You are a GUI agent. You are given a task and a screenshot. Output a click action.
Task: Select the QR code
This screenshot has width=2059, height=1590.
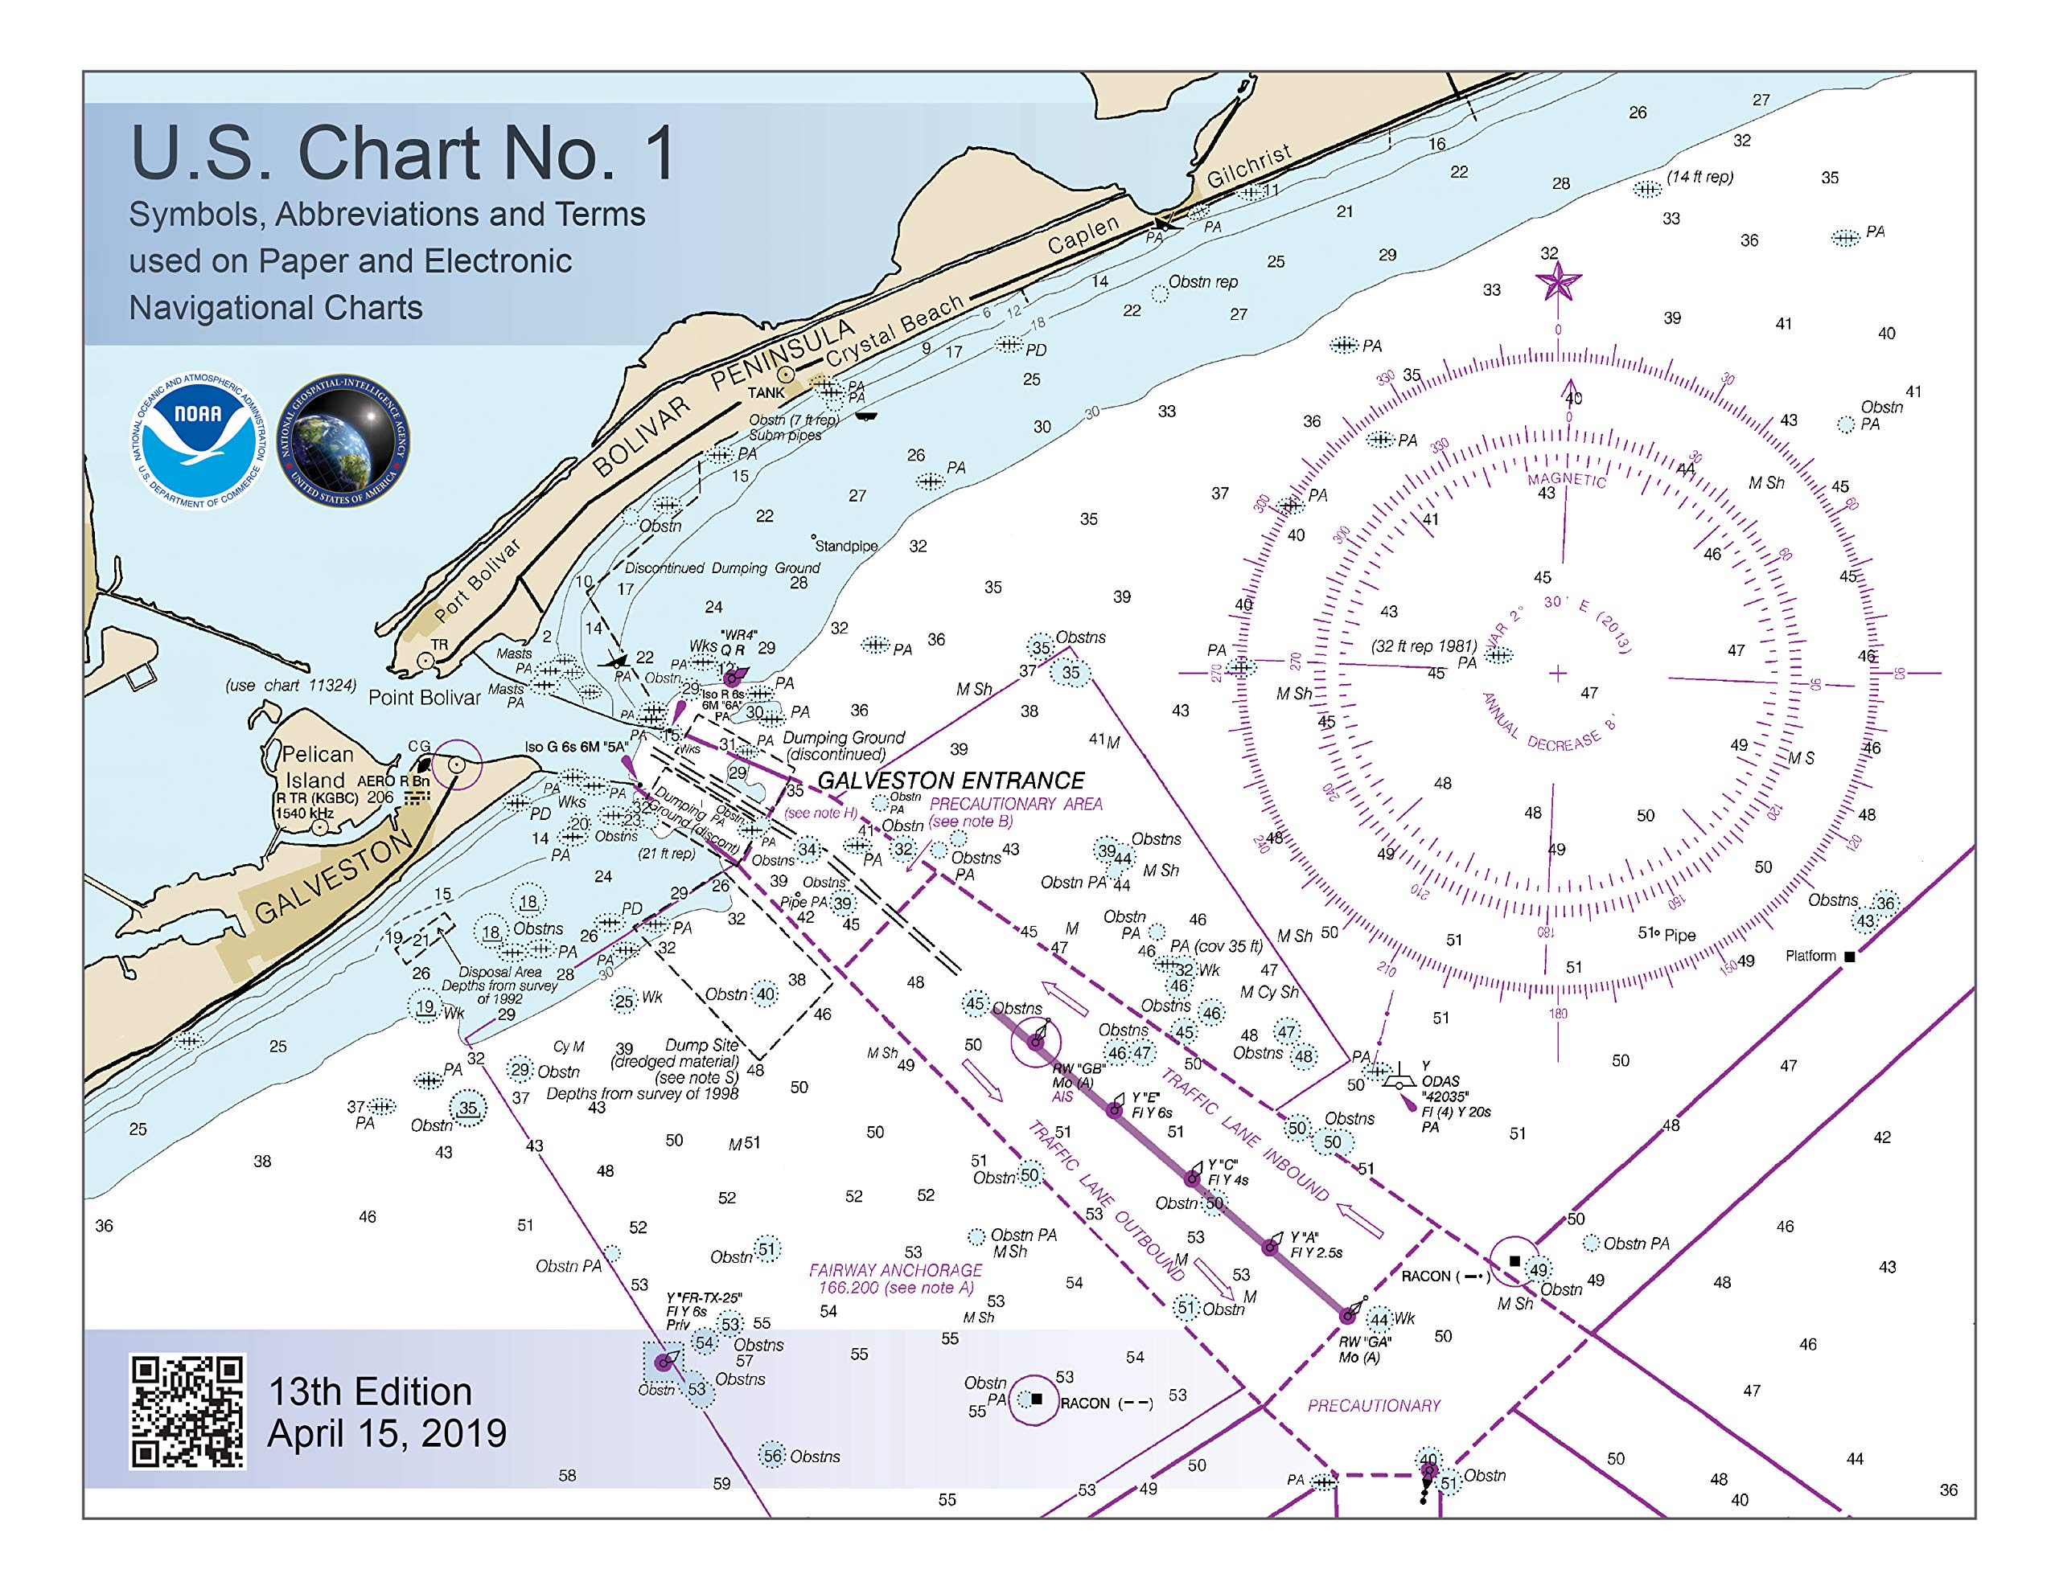[187, 1411]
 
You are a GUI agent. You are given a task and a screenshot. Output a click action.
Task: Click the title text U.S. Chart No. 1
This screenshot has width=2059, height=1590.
[404, 153]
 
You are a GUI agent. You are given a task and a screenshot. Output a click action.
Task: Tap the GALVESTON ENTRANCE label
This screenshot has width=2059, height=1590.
[951, 781]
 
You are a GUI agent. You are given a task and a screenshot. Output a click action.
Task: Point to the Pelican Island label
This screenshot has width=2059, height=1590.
[317, 767]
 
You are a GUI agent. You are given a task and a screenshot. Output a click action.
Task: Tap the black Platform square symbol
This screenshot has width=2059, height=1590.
[1849, 957]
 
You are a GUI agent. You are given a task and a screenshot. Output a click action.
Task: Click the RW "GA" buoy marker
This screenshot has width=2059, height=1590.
[1349, 1315]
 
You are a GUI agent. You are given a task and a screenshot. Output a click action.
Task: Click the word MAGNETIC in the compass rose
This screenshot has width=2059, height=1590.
[1567, 480]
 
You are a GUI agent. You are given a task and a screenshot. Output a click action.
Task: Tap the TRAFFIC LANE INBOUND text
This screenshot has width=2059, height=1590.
[1244, 1135]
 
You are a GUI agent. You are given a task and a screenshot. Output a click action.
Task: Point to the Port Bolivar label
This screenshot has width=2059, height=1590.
[478, 580]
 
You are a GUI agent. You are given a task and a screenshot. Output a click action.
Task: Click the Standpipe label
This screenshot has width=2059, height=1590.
[845, 546]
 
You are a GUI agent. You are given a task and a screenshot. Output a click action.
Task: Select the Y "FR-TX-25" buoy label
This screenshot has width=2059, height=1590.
[703, 1297]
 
